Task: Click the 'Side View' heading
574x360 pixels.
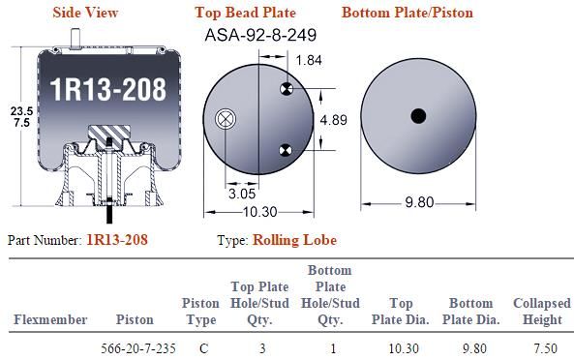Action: tap(85, 13)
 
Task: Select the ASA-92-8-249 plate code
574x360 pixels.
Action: tap(260, 35)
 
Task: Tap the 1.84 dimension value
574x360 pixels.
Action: tap(309, 60)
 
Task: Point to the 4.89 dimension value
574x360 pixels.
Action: tap(334, 120)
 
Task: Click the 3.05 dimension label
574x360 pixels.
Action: tap(242, 194)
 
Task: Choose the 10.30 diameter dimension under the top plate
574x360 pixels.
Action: tap(260, 212)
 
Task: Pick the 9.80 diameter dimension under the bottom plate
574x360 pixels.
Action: tap(419, 202)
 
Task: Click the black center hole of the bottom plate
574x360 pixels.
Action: tap(418, 116)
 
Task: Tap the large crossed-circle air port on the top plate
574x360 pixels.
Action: tap(226, 119)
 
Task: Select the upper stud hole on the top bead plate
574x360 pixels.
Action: tap(287, 88)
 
